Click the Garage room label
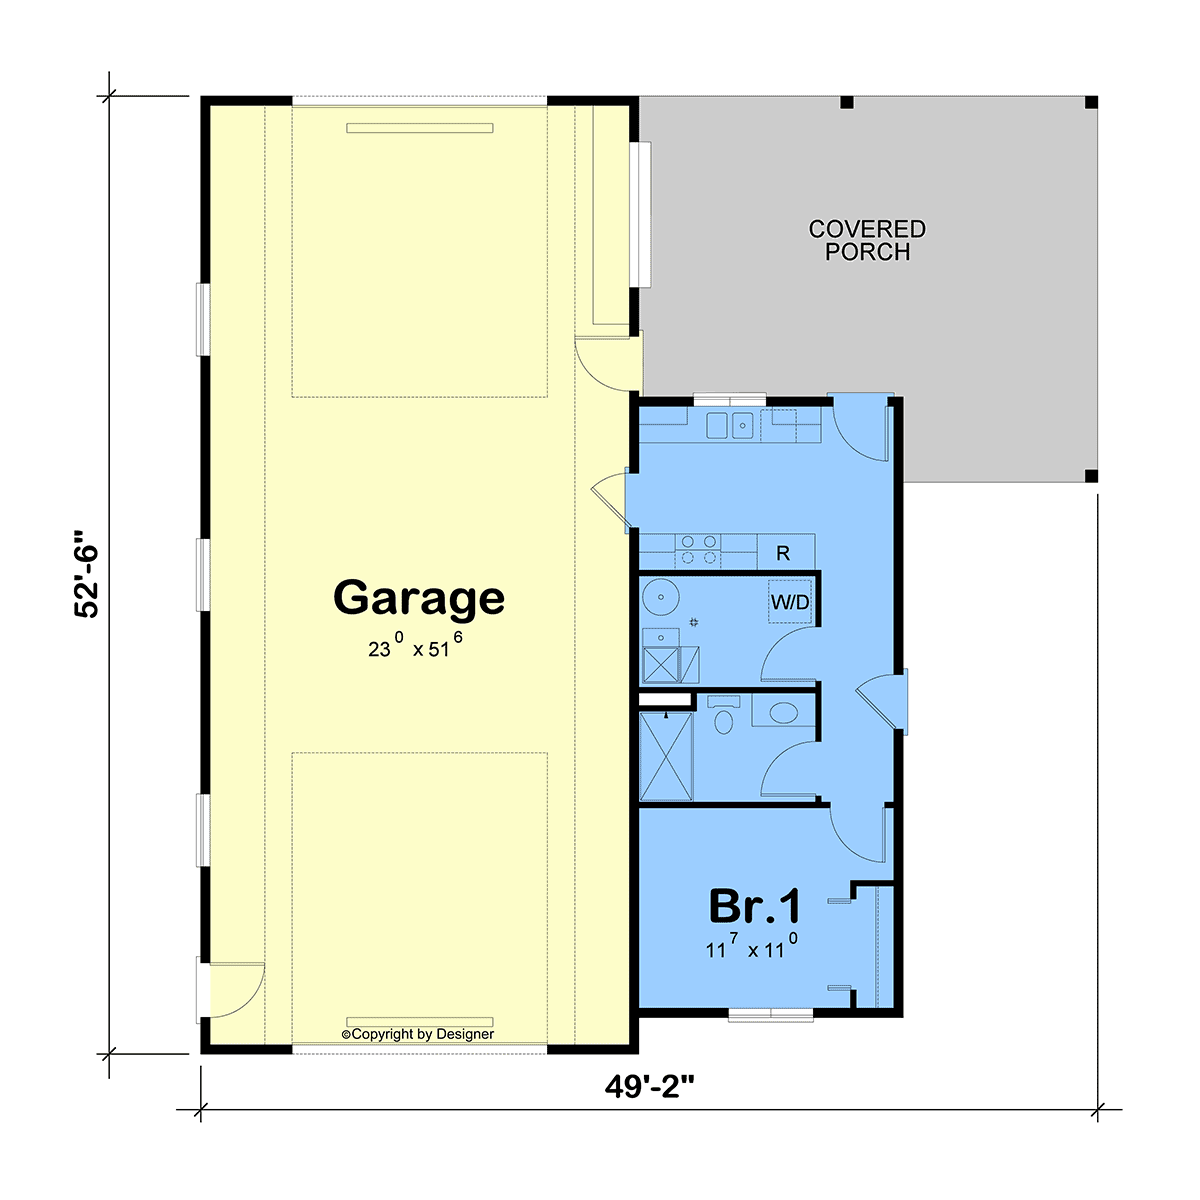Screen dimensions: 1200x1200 point(418,598)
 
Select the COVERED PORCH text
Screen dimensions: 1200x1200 point(867,240)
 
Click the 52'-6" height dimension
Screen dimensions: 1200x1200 point(86,574)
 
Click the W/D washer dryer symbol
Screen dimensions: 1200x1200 point(790,602)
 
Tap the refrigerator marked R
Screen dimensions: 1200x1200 point(786,552)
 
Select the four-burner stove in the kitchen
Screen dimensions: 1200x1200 point(698,550)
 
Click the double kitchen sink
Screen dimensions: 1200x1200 point(729,425)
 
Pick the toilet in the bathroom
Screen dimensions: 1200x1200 point(723,716)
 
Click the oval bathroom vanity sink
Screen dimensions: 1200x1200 point(783,713)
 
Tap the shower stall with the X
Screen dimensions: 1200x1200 point(666,757)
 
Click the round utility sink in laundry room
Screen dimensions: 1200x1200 point(660,597)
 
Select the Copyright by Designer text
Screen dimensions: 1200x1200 point(418,1034)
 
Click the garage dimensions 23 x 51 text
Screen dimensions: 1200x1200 point(415,646)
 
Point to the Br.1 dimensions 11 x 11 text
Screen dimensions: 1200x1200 point(751,946)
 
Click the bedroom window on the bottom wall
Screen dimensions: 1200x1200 point(771,1015)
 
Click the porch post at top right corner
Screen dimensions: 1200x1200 point(1091,103)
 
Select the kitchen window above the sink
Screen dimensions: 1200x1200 point(729,399)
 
